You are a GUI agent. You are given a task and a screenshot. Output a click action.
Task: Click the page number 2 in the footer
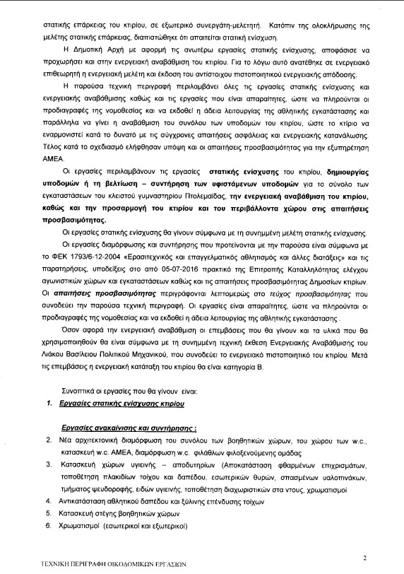(x=364, y=558)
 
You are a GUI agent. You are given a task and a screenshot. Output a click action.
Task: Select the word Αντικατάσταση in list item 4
(x=83, y=501)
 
